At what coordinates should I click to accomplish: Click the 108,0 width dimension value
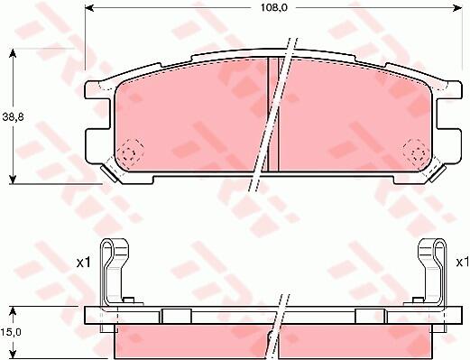coord(274,8)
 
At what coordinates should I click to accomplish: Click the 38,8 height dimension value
coord(13,117)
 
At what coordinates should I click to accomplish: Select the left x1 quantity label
coord(84,263)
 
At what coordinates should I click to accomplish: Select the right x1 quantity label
coord(463,263)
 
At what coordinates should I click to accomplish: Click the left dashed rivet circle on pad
coord(130,152)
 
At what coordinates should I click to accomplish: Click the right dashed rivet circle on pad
coord(416,152)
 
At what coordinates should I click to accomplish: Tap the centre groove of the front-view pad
coord(273,115)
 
